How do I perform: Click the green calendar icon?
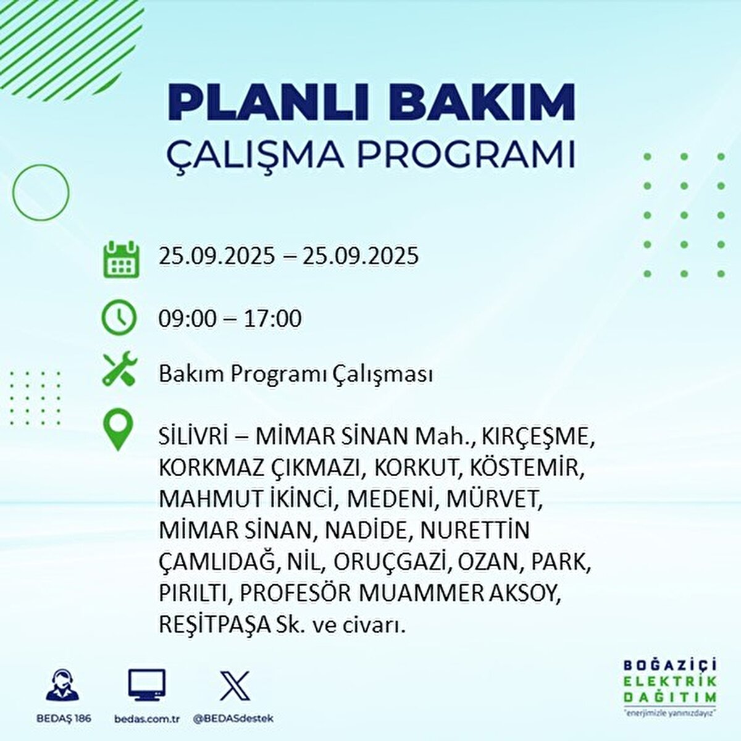click(121, 259)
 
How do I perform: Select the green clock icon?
click(119, 317)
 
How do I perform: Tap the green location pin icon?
click(118, 429)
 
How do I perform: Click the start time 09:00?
click(187, 319)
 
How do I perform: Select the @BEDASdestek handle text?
click(233, 719)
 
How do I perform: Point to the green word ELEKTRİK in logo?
click(670, 681)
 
